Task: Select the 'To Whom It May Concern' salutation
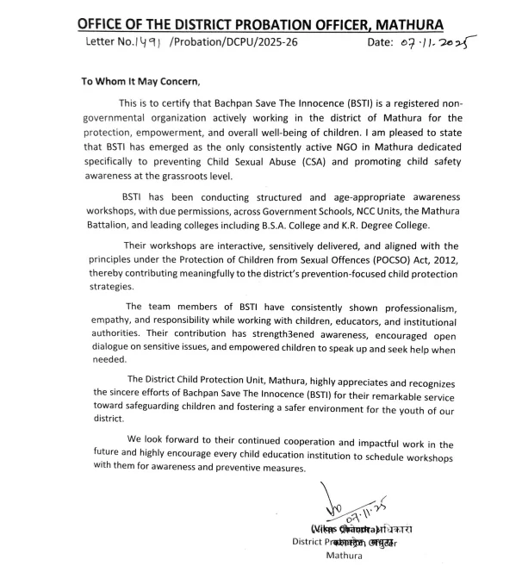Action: [140, 82]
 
